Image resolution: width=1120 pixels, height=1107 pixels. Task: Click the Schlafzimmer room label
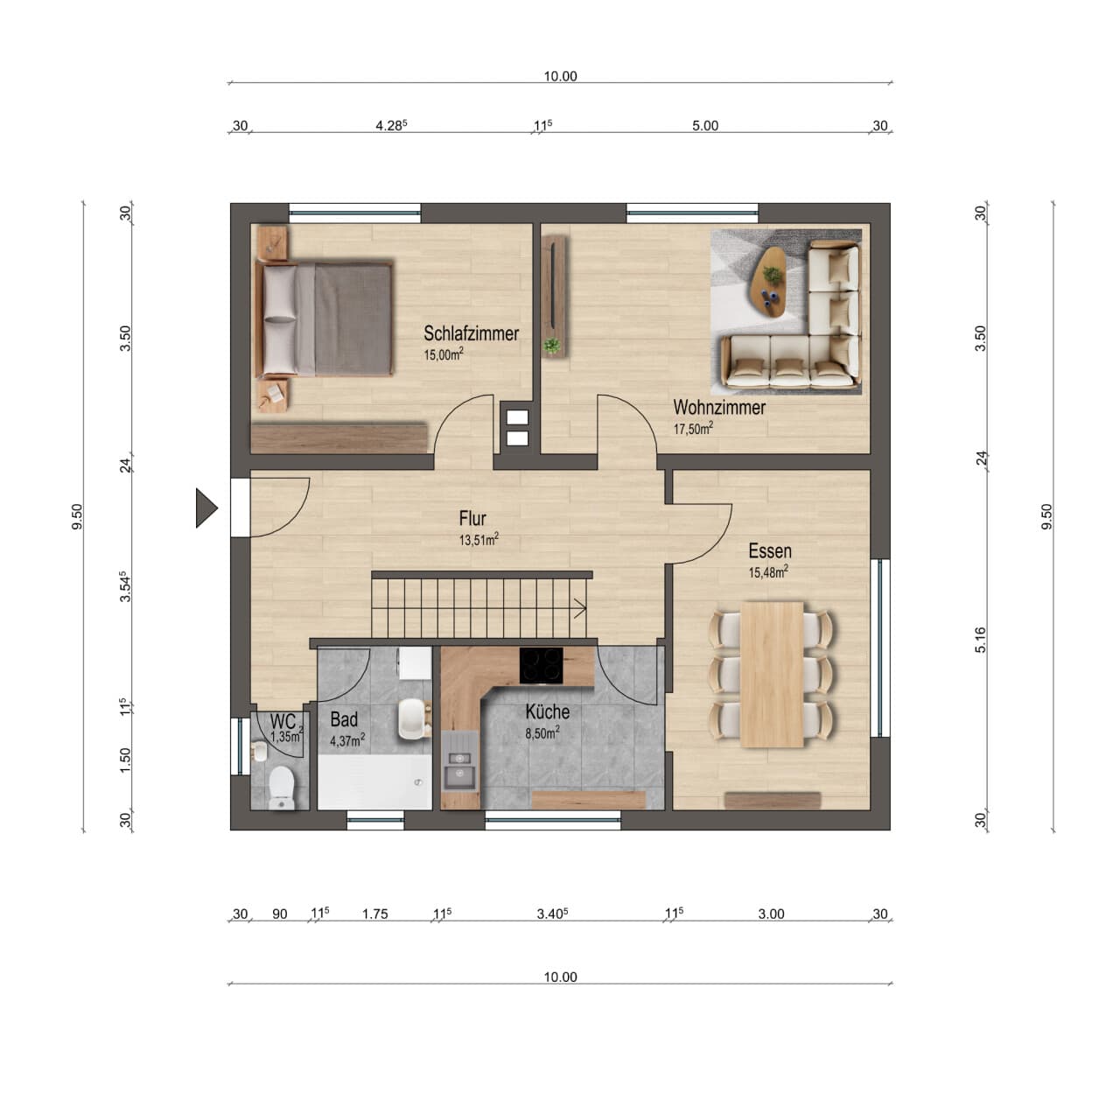[x=471, y=333]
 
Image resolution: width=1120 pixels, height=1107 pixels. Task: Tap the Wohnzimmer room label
[x=719, y=408]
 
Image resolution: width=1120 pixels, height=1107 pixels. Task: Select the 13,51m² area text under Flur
[x=479, y=540]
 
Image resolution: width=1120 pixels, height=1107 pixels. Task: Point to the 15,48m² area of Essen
[x=767, y=572]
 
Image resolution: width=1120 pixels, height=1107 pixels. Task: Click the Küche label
[x=548, y=711]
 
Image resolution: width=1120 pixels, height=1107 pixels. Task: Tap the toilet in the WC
[x=282, y=788]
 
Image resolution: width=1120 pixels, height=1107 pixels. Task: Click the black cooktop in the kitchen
[x=541, y=666]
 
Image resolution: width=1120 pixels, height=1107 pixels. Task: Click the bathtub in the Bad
[x=374, y=781]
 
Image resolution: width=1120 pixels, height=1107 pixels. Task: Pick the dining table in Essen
[x=772, y=674]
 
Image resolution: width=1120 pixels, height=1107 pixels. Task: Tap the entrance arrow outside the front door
[x=206, y=508]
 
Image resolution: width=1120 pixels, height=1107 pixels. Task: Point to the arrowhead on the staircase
[x=581, y=609]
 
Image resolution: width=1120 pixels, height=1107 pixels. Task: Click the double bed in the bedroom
[x=325, y=319]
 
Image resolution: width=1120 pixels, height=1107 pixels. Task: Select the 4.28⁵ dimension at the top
[x=391, y=125]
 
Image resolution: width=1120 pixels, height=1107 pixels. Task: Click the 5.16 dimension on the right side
[x=980, y=640]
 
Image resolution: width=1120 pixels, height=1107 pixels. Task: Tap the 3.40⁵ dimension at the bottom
[x=551, y=914]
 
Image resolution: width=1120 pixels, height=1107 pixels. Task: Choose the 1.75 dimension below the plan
[x=374, y=914]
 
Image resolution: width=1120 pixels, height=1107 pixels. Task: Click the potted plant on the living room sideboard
[x=551, y=347]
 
